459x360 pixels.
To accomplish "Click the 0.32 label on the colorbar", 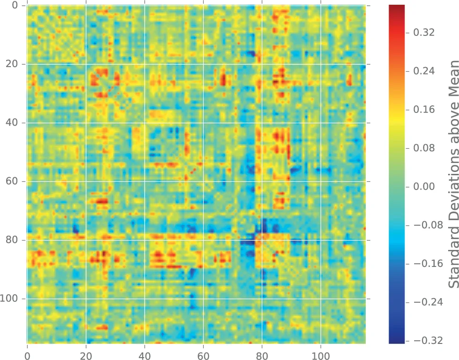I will pos(424,33).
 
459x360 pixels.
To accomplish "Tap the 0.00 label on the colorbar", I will pos(424,187).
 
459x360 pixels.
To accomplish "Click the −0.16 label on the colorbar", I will pos(427,264).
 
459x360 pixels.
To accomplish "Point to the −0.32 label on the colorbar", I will pos(427,341).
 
